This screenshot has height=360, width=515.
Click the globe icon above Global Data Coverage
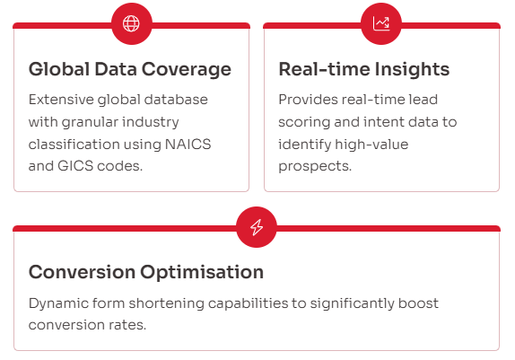131,23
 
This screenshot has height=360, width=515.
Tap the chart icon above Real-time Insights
381,23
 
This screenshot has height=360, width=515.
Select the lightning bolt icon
257,227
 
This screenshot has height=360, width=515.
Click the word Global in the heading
59,69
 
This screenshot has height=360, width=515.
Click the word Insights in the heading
412,70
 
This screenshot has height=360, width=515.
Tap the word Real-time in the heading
324,69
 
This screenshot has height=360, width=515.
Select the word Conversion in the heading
82,272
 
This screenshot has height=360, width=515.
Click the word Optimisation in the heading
202,272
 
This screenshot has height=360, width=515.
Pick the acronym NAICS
188,144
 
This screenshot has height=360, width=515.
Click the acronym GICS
75,166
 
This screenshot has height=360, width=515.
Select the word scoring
304,123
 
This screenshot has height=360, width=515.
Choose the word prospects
315,167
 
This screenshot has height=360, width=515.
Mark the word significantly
352,303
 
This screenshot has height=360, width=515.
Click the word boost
418,303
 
